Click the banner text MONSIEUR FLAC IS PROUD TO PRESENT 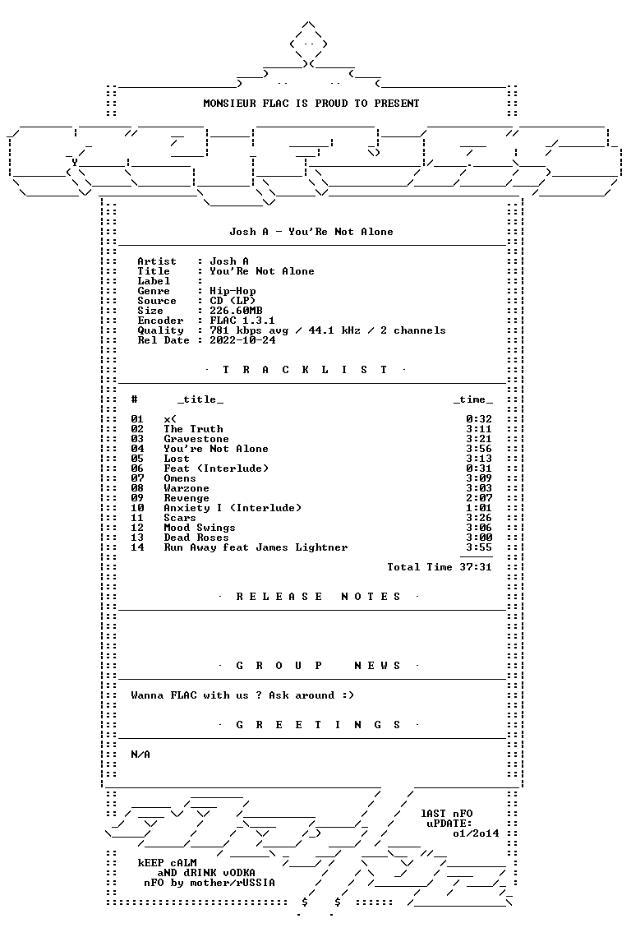311,104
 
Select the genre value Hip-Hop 233,291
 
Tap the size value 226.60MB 236,311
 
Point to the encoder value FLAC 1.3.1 242,321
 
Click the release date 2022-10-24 242,340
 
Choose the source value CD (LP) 233,301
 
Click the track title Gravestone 196,439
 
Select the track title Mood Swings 200,528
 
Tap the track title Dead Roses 196,538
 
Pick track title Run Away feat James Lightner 256,547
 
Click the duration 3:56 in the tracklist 479,449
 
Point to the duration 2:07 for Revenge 479,498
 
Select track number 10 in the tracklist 137,508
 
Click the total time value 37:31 476,567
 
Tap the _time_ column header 472,399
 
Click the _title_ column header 200,399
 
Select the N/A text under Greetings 140,755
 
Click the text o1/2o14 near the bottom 476,833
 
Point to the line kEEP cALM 168,863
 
